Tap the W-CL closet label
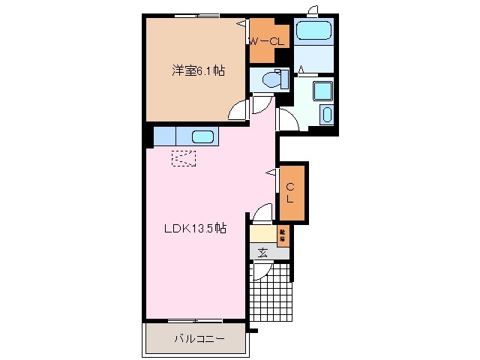(x=267, y=42)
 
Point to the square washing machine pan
(x=322, y=91)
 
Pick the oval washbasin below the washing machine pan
(x=325, y=115)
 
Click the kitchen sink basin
(x=203, y=136)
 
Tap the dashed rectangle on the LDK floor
(x=184, y=158)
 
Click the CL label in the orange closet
(x=290, y=192)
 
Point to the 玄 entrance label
(x=264, y=252)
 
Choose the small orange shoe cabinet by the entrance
(x=283, y=235)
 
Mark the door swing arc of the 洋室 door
(x=238, y=110)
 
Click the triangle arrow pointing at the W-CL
(x=241, y=24)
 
